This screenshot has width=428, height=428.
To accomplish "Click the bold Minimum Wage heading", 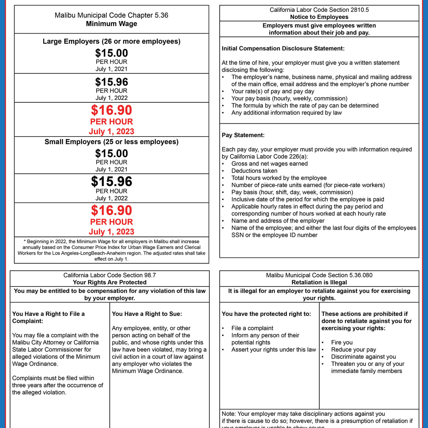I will pyautogui.click(x=111, y=24).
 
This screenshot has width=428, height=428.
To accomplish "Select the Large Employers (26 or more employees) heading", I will pyautogui.click(x=111, y=41).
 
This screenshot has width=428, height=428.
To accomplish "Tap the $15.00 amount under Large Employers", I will pyautogui.click(x=111, y=53).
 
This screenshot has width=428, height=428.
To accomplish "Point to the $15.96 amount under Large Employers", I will pyautogui.click(x=111, y=82).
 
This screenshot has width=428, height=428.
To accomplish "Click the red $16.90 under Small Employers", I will pyautogui.click(x=111, y=210).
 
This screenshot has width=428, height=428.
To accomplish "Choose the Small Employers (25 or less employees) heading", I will pyautogui.click(x=111, y=142).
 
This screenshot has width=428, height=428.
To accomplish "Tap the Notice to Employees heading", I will pyautogui.click(x=319, y=17).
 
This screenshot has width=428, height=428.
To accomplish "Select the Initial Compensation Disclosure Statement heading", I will pyautogui.click(x=283, y=49).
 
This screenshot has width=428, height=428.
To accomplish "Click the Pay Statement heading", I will pyautogui.click(x=243, y=135).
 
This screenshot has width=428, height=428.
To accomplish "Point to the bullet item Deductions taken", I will pyautogui.click(x=254, y=171).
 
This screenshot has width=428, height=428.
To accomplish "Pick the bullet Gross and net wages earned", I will pyautogui.click(x=269, y=164).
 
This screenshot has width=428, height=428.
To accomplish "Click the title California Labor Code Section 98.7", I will pyautogui.click(x=109, y=275).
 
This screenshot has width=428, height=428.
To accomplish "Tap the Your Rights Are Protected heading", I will pyautogui.click(x=109, y=282).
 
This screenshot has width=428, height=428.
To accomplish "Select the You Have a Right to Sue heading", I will pyautogui.click(x=147, y=314).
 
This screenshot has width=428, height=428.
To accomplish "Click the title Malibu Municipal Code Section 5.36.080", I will pyautogui.click(x=319, y=275).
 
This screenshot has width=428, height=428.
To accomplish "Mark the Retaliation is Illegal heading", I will pyautogui.click(x=319, y=282).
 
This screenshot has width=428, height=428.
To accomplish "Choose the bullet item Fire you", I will pyautogui.click(x=342, y=342).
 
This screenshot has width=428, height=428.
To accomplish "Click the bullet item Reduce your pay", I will pyautogui.click(x=353, y=350).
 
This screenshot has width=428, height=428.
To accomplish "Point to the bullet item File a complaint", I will pyautogui.click(x=252, y=328).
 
